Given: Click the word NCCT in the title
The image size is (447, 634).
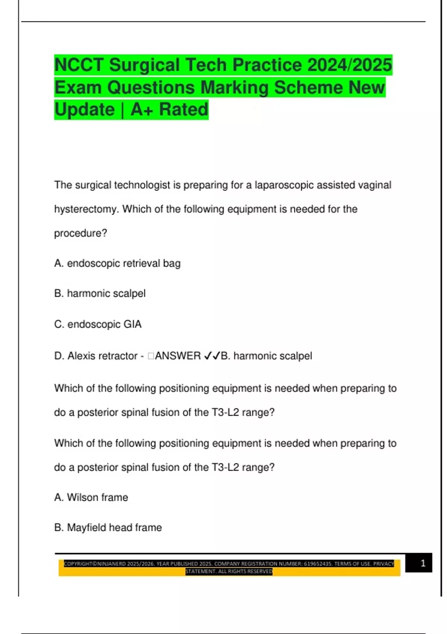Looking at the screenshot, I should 79,65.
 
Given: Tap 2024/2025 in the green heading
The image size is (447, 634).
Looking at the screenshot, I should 350,65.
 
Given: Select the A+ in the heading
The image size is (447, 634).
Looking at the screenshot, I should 142,110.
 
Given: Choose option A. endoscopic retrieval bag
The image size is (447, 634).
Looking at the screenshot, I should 117,263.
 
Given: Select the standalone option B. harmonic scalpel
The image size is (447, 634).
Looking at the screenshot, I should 100,294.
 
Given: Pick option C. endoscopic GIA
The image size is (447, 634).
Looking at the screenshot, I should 98,324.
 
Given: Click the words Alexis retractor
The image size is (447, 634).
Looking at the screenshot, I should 102,356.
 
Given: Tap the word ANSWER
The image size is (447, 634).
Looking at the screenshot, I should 178,356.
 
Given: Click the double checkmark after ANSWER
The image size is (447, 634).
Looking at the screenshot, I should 212,356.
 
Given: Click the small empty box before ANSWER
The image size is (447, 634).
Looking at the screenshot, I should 151,356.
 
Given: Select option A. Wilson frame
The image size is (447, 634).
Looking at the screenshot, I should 91,498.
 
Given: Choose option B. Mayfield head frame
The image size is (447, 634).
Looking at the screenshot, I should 108,528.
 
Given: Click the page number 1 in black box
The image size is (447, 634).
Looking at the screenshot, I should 423,563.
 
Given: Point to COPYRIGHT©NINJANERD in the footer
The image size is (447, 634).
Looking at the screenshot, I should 95,564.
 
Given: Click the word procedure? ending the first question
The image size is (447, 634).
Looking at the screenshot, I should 80,233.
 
